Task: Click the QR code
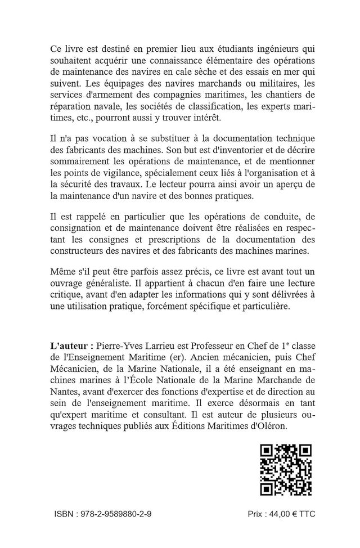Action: (285, 470)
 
